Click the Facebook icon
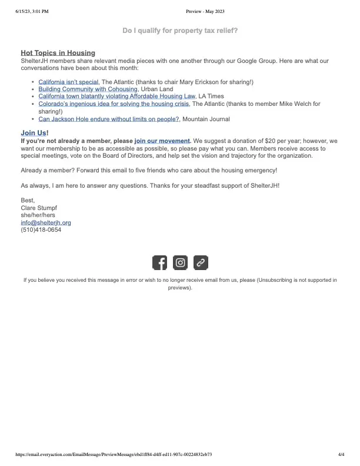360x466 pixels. tap(159, 263)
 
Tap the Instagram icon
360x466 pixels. tap(181, 263)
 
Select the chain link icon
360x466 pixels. tap(201, 263)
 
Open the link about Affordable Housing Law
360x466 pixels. tap(116, 96)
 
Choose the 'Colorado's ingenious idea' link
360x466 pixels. tap(114, 104)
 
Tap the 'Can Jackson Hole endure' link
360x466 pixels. tap(109, 119)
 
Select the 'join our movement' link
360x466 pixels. tap(162, 141)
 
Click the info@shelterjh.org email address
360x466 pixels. tap(46, 223)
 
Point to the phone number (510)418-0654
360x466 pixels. tap(41, 230)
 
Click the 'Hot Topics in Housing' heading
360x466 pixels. tap(58, 53)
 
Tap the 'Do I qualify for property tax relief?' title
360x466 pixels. tap(180, 30)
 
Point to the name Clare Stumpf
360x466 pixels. tap(39, 208)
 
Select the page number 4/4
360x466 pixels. tap(342, 455)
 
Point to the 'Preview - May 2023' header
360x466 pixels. tap(205, 11)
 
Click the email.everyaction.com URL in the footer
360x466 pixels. tap(113, 455)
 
